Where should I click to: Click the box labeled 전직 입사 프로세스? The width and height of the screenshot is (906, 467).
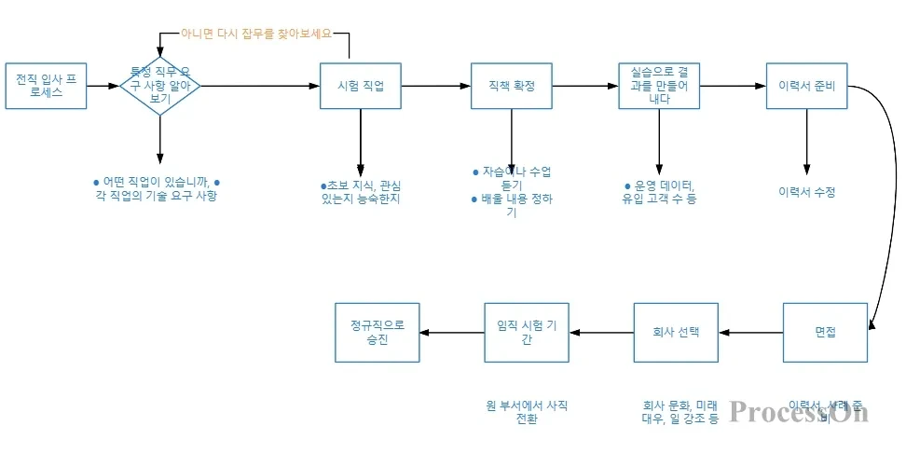coord(46,86)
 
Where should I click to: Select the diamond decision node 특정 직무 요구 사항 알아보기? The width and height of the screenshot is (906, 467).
coord(160,85)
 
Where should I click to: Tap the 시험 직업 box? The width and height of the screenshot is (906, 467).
coord(360,86)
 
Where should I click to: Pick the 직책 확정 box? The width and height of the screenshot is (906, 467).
coord(512,86)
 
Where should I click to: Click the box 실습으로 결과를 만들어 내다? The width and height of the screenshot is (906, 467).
coord(659,86)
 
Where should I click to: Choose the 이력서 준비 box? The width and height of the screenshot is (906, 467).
coord(806,86)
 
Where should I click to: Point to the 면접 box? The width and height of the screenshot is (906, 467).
coord(825,333)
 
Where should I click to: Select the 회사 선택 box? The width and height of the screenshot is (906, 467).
coord(676,333)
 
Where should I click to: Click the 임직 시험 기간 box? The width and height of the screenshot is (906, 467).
coord(527,333)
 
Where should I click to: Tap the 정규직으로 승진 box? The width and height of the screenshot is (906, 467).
coord(377,333)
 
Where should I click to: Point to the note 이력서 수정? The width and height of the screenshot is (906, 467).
coord(806,192)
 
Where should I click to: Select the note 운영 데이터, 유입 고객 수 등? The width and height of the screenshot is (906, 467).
coord(659,192)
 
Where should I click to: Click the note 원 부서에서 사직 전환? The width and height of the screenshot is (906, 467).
coord(527,412)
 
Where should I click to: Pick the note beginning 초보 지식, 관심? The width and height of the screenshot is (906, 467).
coord(360,192)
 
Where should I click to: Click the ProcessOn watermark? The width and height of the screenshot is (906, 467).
coord(799,411)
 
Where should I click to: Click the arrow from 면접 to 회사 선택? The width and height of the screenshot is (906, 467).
coord(750,333)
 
